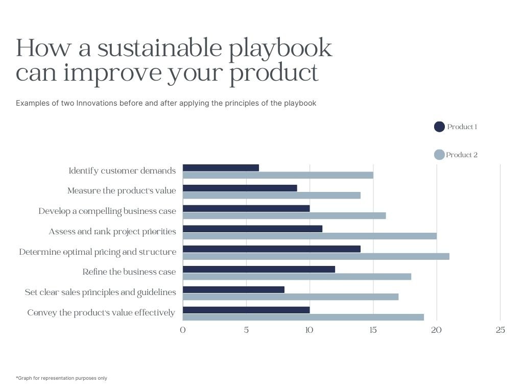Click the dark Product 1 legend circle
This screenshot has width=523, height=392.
click(439, 127)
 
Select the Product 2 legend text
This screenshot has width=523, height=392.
click(462, 155)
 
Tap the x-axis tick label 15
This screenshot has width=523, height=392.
click(373, 330)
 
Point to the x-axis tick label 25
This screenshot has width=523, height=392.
click(501, 330)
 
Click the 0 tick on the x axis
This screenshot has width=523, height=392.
click(183, 330)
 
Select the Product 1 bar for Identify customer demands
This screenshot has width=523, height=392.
click(221, 167)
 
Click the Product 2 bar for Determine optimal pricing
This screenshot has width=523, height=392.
click(316, 256)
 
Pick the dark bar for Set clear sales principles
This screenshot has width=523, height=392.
click(233, 290)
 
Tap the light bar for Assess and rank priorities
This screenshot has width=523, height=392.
click(310, 236)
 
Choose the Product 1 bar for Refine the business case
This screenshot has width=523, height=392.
click(259, 269)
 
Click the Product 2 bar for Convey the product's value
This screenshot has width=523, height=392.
click(303, 317)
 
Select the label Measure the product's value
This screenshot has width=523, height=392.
click(122, 191)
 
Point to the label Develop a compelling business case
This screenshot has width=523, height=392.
click(107, 211)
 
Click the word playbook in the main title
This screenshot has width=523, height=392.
click(280, 49)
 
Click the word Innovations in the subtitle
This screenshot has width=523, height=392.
click(97, 103)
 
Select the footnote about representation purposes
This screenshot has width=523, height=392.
click(62, 378)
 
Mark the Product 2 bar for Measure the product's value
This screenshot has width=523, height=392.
click(272, 195)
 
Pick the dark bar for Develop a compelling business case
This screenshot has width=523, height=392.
click(246, 208)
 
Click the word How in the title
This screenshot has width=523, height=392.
click(44, 48)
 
